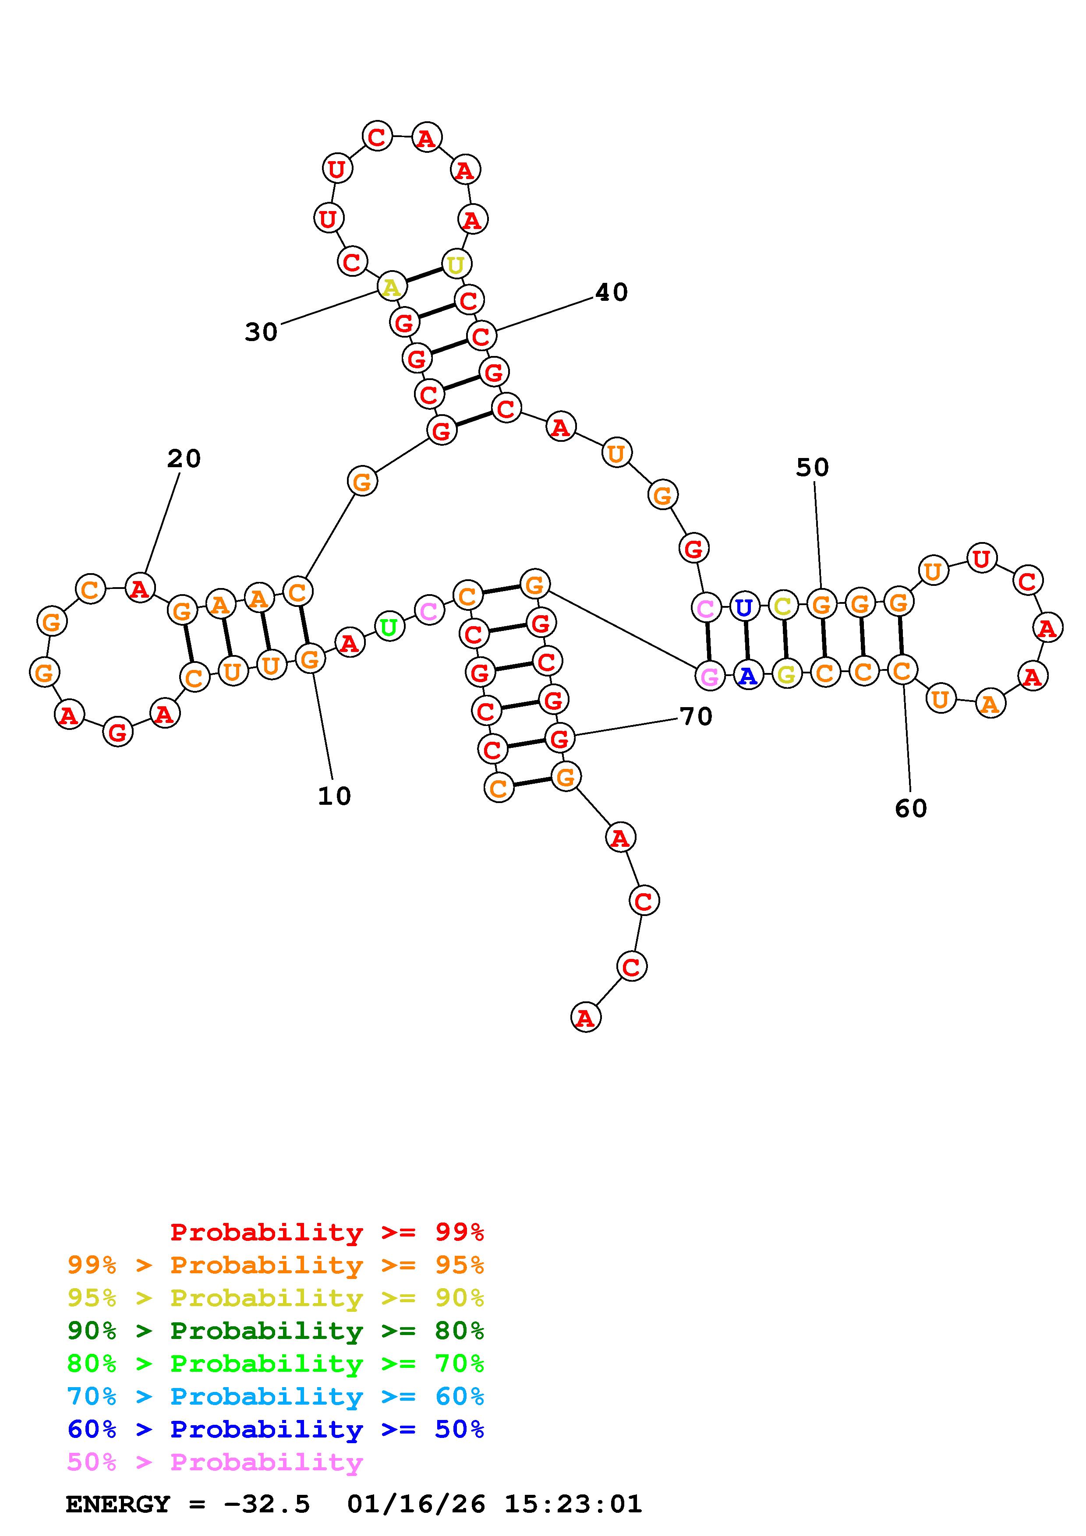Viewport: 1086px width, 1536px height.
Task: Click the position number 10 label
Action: tap(334, 796)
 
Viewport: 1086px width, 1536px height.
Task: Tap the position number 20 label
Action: tap(184, 458)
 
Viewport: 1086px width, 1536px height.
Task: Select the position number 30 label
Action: tap(261, 332)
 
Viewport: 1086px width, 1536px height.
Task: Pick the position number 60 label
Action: tap(911, 808)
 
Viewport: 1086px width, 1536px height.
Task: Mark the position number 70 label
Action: tap(696, 716)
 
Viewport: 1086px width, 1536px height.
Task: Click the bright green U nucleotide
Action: tap(388, 627)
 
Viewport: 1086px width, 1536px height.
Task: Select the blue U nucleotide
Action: tap(743, 607)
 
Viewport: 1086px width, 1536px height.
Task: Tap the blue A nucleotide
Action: tap(747, 676)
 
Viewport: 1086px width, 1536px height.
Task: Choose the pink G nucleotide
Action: tap(709, 676)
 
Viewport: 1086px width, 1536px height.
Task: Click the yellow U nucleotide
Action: tap(456, 265)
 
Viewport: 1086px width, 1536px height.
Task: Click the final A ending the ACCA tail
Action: tap(585, 1018)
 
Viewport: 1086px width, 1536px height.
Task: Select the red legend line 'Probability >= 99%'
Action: tap(326, 1232)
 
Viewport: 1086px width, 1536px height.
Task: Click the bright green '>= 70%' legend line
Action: tap(276, 1363)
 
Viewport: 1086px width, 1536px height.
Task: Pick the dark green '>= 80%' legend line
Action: tap(276, 1331)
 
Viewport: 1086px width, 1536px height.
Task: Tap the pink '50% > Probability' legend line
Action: tap(215, 1462)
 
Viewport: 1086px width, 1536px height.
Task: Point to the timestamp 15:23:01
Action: tap(573, 1504)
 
